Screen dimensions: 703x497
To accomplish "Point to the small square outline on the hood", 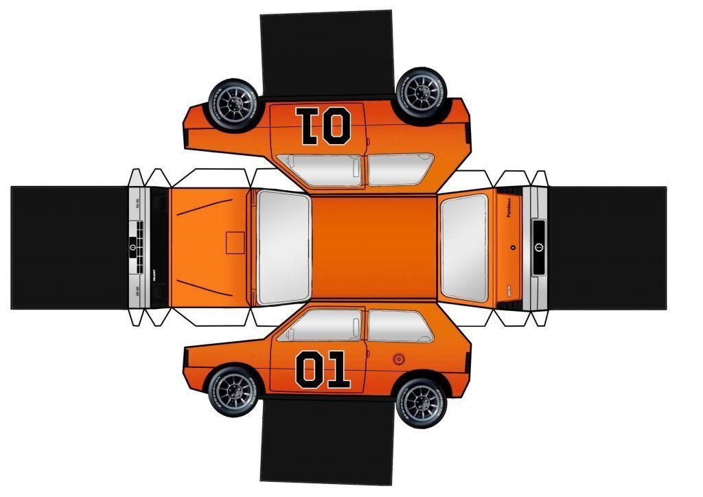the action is [235, 242].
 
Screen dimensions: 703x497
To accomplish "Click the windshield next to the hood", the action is [283, 247].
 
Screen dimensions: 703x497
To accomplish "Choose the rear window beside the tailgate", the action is [464, 247].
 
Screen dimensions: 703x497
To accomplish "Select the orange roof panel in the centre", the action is [373, 247].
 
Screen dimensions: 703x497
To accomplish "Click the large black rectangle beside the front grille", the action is [69, 247].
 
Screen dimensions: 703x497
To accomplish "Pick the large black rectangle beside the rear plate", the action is [607, 247].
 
